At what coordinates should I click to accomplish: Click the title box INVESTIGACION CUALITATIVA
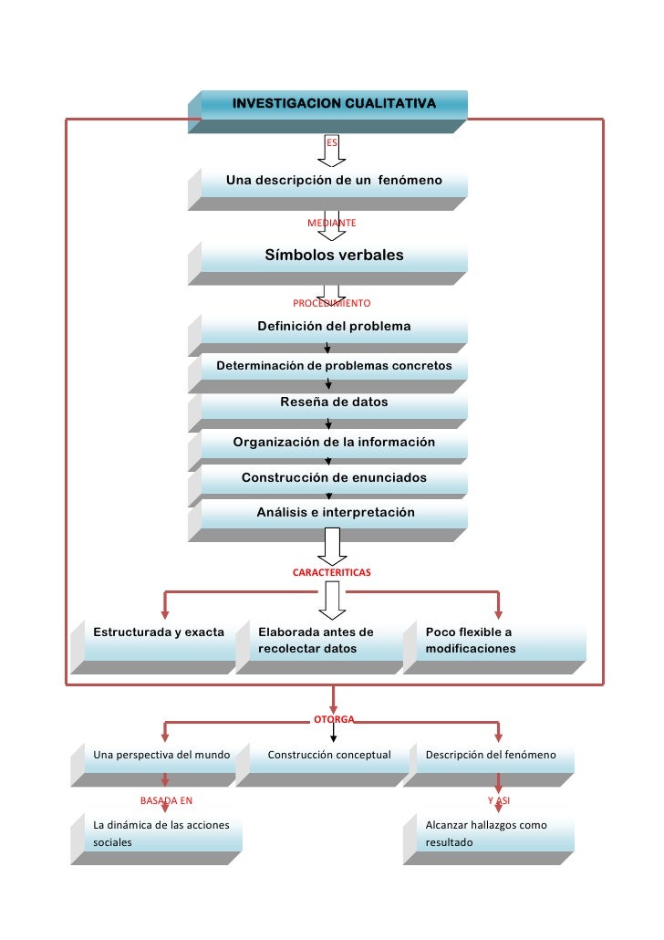[x=334, y=104]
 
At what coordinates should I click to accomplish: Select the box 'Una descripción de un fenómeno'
[x=334, y=181]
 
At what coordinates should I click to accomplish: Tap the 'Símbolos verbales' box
[x=334, y=256]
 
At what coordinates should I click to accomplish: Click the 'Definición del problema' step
[x=334, y=327]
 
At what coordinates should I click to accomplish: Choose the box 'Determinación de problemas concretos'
[x=334, y=366]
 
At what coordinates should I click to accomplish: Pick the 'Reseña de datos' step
[x=334, y=402]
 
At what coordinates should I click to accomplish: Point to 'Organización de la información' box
[x=334, y=443]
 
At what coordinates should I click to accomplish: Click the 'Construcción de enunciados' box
[x=334, y=478]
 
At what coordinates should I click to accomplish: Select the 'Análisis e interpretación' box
[x=334, y=513]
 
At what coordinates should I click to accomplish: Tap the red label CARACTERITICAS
[x=331, y=572]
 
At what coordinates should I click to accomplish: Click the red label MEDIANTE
[x=331, y=223]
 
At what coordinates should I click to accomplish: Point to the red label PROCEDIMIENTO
[x=331, y=302]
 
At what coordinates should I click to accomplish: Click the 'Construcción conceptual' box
[x=329, y=756]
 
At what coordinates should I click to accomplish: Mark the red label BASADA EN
[x=166, y=800]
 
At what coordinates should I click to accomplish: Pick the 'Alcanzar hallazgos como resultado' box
[x=493, y=833]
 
